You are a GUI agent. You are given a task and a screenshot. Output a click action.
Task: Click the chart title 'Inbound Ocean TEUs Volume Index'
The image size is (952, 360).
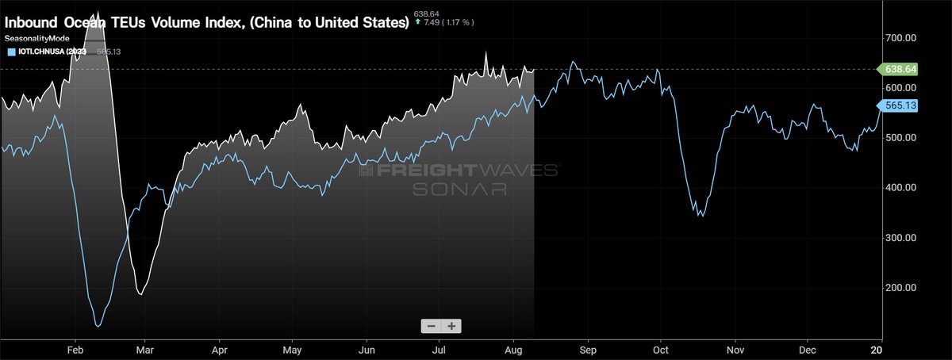tap(206, 22)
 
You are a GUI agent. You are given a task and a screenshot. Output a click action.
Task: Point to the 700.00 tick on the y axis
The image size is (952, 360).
tap(900, 38)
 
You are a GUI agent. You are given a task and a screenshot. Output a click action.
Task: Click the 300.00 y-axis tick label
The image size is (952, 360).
tap(900, 238)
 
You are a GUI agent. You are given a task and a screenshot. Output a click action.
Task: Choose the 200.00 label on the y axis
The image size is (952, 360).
tap(900, 288)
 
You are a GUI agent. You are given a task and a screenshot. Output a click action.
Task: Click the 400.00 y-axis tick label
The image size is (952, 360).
tap(900, 188)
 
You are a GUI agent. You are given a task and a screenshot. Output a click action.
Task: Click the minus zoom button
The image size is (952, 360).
tap(431, 326)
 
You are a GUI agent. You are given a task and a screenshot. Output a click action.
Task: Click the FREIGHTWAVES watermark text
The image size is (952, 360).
tap(460, 170)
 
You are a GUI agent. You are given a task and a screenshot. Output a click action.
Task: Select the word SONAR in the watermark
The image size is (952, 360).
tap(459, 189)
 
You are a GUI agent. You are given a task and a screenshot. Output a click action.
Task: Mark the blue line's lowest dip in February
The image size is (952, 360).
tap(98, 324)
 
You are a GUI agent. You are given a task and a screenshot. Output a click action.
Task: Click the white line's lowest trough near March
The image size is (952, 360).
tap(140, 294)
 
